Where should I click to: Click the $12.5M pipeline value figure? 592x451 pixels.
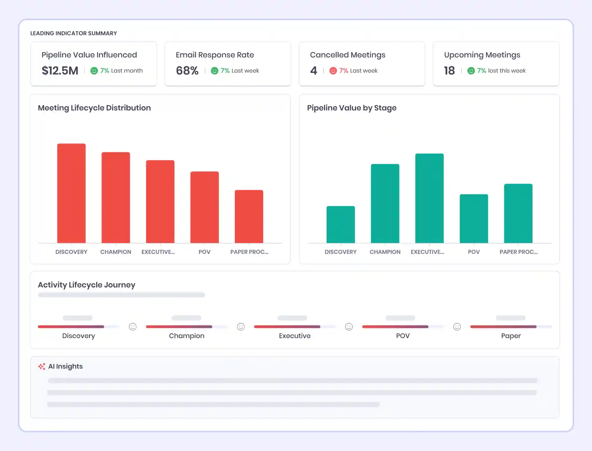tap(60, 70)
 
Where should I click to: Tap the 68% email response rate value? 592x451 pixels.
tap(187, 70)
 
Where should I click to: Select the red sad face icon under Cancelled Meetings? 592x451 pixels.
tap(333, 70)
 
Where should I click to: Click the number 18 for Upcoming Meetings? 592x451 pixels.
tap(449, 70)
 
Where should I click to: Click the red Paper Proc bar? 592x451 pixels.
tap(249, 217)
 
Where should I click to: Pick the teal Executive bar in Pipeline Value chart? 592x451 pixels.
tap(429, 198)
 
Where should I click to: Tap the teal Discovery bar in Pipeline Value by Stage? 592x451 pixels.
tap(340, 224)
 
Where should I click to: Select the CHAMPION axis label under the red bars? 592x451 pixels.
tap(116, 252)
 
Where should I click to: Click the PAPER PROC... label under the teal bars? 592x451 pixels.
tap(518, 252)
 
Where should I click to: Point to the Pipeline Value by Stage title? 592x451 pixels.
tap(352, 108)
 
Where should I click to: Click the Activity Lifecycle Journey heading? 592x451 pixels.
tap(86, 285)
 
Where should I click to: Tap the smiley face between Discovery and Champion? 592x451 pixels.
tap(133, 327)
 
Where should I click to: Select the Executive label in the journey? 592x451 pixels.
tap(295, 336)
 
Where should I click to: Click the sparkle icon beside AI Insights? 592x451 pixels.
tap(42, 366)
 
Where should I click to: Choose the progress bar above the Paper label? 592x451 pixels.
tap(510, 327)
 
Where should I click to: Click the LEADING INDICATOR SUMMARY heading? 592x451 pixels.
tap(73, 33)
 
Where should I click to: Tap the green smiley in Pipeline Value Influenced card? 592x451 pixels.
tap(94, 70)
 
